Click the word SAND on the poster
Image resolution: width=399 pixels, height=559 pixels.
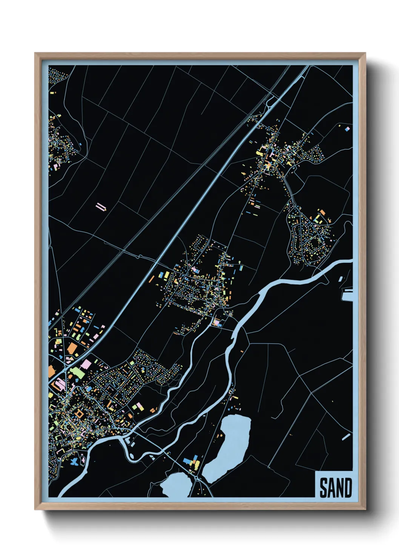(x=335, y=488)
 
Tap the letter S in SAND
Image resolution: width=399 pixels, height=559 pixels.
(x=324, y=488)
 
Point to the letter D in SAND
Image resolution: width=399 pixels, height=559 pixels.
(x=347, y=488)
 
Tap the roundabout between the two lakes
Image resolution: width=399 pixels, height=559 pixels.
(x=196, y=478)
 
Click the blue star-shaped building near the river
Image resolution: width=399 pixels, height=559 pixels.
(x=75, y=461)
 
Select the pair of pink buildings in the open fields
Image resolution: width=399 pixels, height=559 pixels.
(x=101, y=207)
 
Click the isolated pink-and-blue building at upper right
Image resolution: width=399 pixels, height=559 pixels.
(x=347, y=129)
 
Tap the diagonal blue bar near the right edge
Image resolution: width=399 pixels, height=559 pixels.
(x=346, y=437)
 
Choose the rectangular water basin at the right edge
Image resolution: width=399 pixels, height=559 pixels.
(x=347, y=295)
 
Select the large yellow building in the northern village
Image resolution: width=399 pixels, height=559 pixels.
(x=260, y=153)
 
